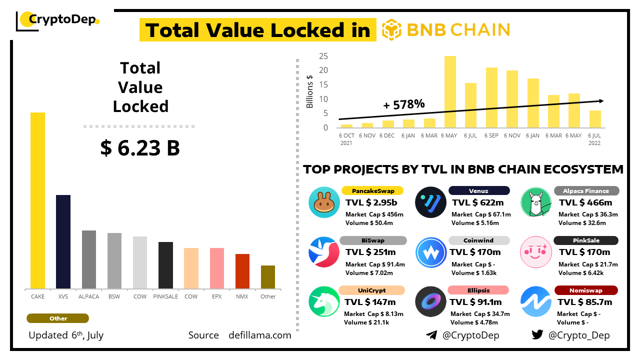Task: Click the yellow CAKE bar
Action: pos(37,200)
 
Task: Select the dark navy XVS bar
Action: pos(63,241)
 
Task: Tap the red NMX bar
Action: pos(242,271)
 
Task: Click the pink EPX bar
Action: pos(217,268)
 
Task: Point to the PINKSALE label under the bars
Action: pos(165,296)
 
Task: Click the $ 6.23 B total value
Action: pos(140,148)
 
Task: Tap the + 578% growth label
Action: pos(404,104)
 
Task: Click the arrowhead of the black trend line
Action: pos(601,101)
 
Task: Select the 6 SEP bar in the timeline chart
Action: pos(491,97)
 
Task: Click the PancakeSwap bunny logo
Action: pos(324,202)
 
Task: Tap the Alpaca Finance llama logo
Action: pos(536,202)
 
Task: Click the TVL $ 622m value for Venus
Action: pos(477,202)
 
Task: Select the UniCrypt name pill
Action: pos(372,290)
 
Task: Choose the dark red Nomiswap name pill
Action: pos(586,290)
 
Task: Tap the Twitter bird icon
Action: pos(537,335)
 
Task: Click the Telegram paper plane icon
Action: pos(431,335)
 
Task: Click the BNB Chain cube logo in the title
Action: pos(391,29)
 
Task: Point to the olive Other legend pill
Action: pos(58,318)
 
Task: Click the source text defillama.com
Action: pos(260,335)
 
